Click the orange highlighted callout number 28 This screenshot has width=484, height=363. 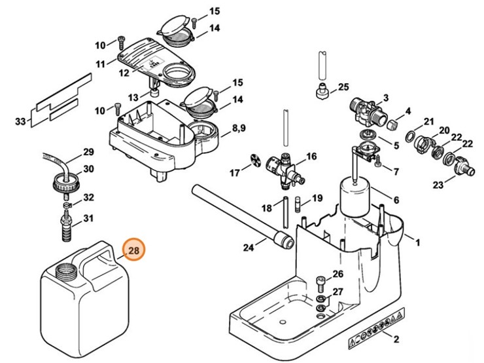point(134,250)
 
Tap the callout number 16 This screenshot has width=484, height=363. point(311,157)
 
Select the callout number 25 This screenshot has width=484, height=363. point(343,87)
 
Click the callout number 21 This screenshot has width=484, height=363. point(428,122)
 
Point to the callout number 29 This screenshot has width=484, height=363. point(88,153)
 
